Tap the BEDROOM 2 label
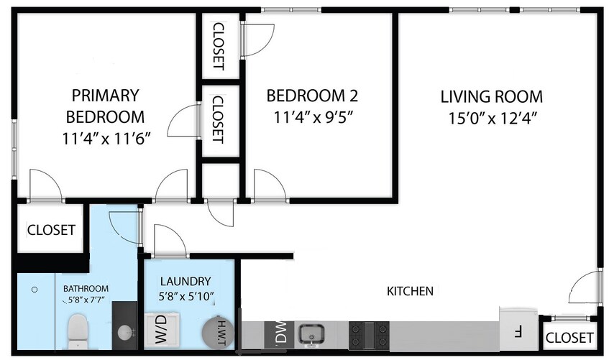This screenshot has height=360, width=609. [312, 96]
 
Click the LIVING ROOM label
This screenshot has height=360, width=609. [491, 96]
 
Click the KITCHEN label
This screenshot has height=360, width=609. [410, 291]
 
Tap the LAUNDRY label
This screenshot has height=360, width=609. [186, 281]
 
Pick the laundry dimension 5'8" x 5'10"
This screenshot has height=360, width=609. [186, 295]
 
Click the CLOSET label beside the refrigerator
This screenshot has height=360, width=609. [569, 338]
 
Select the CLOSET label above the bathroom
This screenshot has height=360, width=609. [51, 230]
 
